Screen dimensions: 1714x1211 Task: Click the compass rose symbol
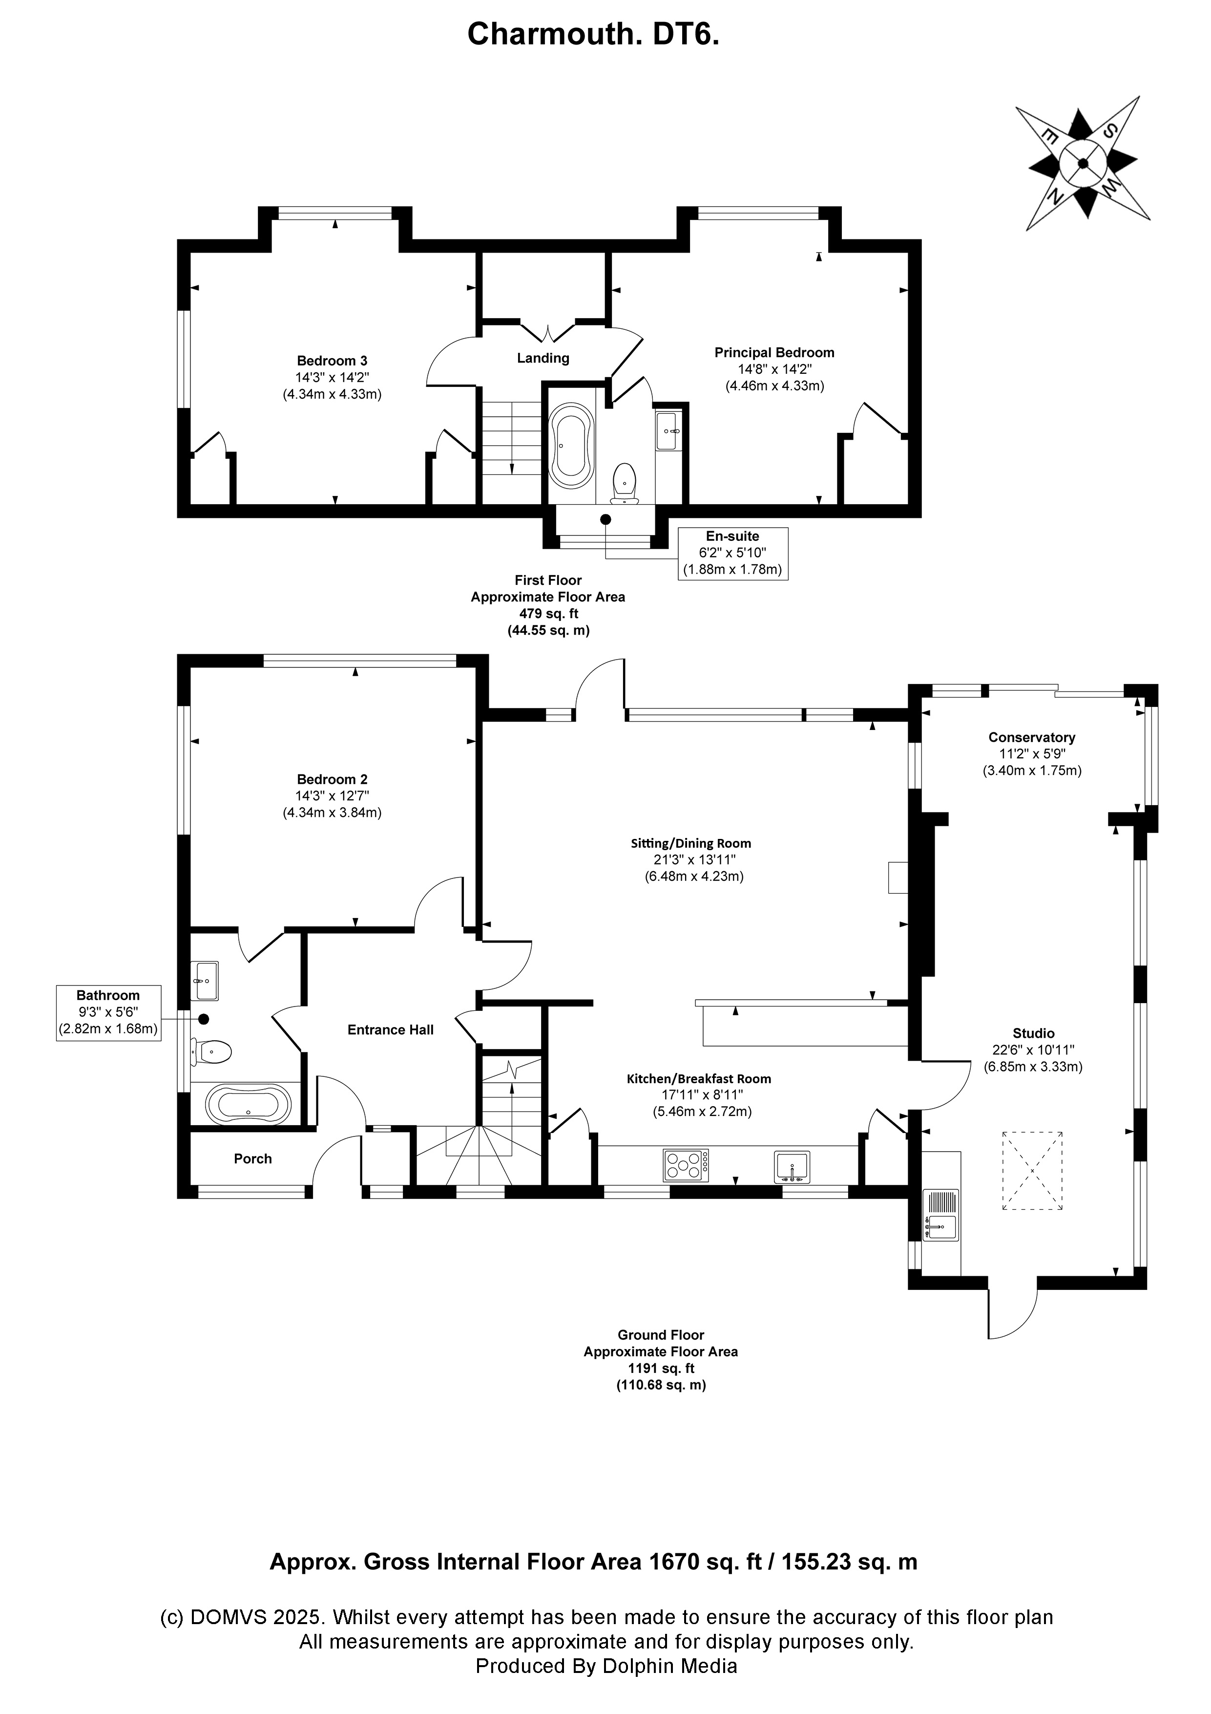1083,163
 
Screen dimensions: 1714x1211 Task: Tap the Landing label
543,358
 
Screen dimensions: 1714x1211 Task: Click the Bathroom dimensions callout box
108,1013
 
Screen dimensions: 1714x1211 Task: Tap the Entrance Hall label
390,1030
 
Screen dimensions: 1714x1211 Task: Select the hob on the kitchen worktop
686,1165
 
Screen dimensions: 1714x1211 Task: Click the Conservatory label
1031,738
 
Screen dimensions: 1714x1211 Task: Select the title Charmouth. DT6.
593,34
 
